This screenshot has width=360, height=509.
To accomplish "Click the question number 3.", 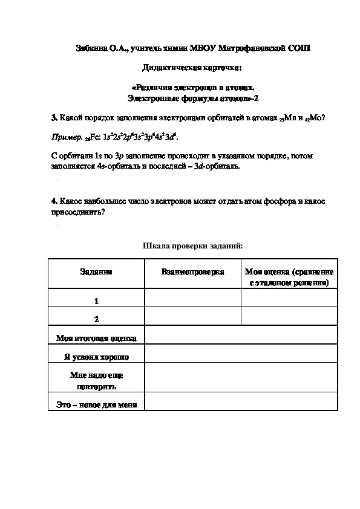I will tap(54, 117).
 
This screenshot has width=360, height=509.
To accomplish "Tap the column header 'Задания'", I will tap(96, 273).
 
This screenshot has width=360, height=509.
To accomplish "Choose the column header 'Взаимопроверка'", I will tap(192, 273).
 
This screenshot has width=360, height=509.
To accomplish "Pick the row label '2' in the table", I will tap(96, 319).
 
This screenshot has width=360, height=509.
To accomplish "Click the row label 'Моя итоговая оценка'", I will tap(96, 338).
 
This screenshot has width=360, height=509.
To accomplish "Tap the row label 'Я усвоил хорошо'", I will tap(96, 357).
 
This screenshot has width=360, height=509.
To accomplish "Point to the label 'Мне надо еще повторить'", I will tap(96, 380).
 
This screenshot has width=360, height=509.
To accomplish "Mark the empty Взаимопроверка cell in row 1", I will tap(192, 299).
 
